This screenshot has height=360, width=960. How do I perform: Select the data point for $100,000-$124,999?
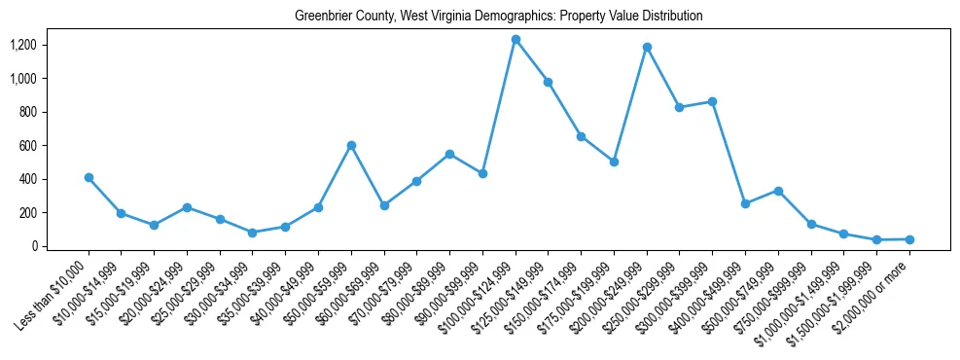click(x=516, y=39)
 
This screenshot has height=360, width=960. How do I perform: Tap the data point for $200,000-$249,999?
click(x=647, y=47)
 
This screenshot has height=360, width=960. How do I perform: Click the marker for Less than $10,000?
click(x=89, y=177)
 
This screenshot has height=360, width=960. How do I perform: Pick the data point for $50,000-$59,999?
click(x=351, y=145)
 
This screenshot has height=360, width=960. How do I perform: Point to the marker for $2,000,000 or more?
click(x=909, y=239)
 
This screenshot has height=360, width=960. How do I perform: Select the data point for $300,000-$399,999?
click(x=713, y=101)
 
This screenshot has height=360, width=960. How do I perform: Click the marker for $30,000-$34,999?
click(x=252, y=233)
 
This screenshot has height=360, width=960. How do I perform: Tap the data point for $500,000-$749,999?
click(x=778, y=191)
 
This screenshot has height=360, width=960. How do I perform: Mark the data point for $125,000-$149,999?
click(x=549, y=82)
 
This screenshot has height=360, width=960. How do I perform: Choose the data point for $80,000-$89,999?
click(x=449, y=154)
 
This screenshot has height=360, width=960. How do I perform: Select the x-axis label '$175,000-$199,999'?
click(x=580, y=296)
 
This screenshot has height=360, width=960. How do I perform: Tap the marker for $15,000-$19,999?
click(x=154, y=225)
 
